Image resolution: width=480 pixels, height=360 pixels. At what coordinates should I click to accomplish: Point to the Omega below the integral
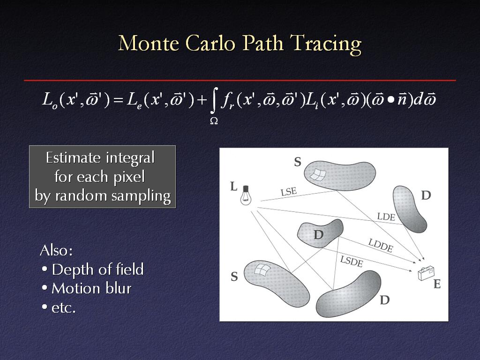point(214,121)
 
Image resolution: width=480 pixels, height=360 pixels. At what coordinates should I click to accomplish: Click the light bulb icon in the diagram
point(246,195)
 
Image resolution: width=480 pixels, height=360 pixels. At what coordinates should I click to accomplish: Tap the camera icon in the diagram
point(426,273)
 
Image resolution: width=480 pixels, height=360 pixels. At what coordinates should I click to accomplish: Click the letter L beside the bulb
point(233,186)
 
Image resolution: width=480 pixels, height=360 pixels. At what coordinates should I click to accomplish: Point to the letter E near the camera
point(437,284)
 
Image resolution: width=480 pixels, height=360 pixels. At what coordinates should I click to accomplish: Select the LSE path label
point(289,192)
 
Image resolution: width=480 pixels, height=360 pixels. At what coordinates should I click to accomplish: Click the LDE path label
point(386,217)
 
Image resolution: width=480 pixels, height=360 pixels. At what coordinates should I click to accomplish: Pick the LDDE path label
point(381,246)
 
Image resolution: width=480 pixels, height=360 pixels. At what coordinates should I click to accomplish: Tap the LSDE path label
point(352,262)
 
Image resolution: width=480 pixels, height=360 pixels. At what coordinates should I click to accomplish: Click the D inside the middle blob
point(318,235)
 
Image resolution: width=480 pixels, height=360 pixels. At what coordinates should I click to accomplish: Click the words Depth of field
point(97,270)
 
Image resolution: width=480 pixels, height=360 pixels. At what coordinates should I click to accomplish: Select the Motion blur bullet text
point(91,288)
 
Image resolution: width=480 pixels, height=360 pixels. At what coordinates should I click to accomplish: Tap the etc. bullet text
point(63,307)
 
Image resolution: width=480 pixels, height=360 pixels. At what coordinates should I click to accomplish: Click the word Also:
point(56,250)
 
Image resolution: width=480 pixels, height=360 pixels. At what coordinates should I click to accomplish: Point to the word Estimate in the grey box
point(73,157)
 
